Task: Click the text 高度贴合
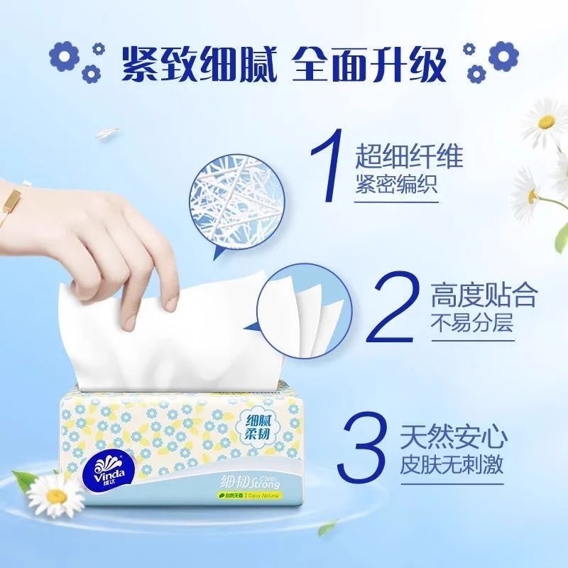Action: click(483, 295)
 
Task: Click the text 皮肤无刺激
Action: click(461, 464)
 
